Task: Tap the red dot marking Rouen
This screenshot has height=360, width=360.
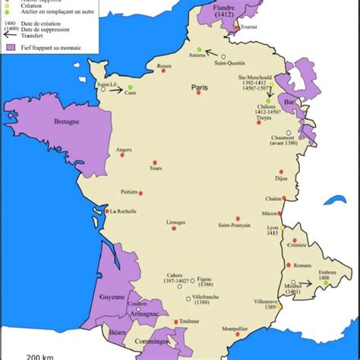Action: click(169, 74)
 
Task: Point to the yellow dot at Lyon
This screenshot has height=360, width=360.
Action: click(282, 228)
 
